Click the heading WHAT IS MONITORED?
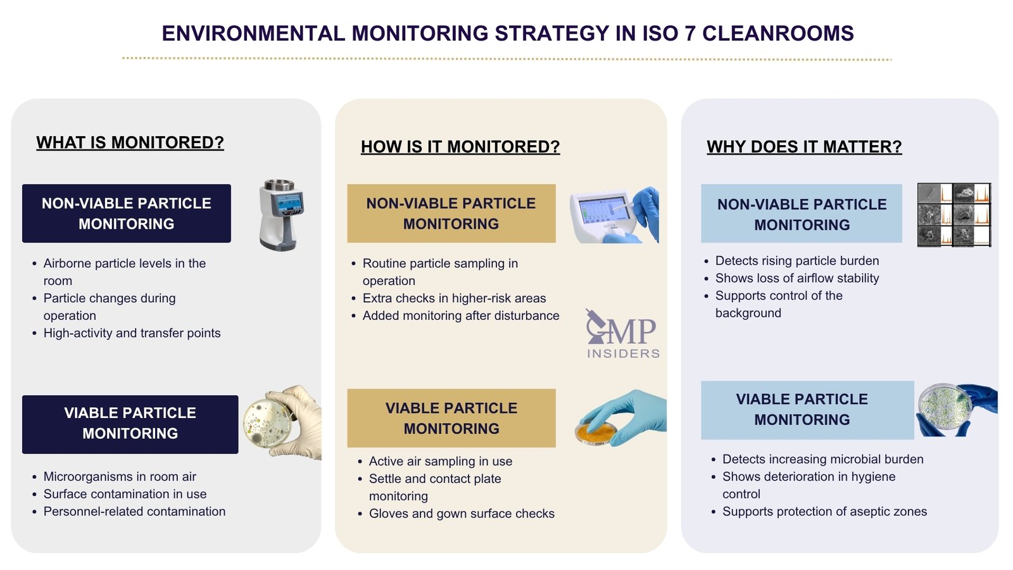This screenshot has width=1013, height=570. (130, 142)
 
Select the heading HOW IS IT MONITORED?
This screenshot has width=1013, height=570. (460, 147)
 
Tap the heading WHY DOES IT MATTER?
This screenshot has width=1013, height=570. (804, 147)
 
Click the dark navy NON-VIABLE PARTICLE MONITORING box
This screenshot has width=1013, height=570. (127, 213)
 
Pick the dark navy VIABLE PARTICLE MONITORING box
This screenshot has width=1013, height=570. (130, 424)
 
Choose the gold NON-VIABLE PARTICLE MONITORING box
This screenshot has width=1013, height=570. (451, 213)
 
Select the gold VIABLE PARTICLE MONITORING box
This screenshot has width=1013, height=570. (451, 418)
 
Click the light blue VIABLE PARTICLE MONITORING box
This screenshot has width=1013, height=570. (802, 410)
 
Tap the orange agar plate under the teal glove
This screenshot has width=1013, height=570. (596, 433)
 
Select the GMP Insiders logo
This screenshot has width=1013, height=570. (622, 334)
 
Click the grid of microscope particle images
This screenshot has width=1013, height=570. (953, 215)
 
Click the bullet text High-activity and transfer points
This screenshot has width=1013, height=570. (132, 333)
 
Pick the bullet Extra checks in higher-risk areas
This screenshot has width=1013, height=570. (454, 298)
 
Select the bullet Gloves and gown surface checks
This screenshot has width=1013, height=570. (462, 514)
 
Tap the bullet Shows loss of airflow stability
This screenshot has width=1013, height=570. (797, 278)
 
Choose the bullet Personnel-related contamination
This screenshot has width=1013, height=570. (134, 512)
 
